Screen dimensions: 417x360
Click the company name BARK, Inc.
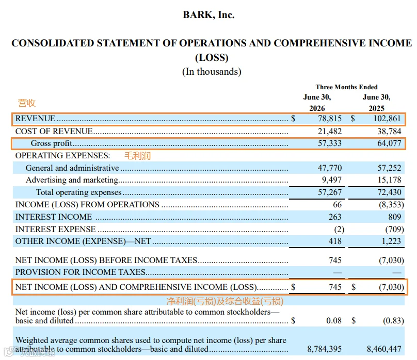pyautogui.click(x=209, y=14)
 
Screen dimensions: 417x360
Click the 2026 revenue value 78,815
pyautogui.click(x=330, y=118)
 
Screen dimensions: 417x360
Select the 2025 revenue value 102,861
pyautogui.click(x=387, y=118)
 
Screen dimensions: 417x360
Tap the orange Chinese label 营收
pyautogui.click(x=27, y=103)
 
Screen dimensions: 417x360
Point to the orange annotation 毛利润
pyautogui.click(x=137, y=156)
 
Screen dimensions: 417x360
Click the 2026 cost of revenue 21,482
pyautogui.click(x=330, y=131)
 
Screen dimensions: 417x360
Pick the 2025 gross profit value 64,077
pyautogui.click(x=389, y=143)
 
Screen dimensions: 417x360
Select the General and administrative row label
pyautogui.click(x=72, y=168)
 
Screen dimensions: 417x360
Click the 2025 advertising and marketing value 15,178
pyautogui.click(x=389, y=180)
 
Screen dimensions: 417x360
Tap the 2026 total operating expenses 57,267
pyautogui.click(x=330, y=192)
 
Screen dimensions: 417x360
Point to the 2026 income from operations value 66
pyautogui.click(x=337, y=205)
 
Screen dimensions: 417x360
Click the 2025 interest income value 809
pyautogui.click(x=394, y=217)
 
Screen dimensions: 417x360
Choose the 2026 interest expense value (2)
pyautogui.click(x=339, y=229)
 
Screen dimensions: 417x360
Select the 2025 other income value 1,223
pyautogui.click(x=391, y=241)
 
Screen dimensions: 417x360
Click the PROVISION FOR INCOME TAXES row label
pyautogui.click(x=81, y=272)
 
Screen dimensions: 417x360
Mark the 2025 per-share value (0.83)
pyautogui.click(x=393, y=321)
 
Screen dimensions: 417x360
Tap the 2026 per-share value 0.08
pyautogui.click(x=334, y=321)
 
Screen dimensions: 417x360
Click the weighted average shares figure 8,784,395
pyautogui.click(x=325, y=349)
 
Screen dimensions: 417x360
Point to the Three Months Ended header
pyautogui.click(x=346, y=87)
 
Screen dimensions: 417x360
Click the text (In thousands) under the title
pyautogui.click(x=212, y=72)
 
